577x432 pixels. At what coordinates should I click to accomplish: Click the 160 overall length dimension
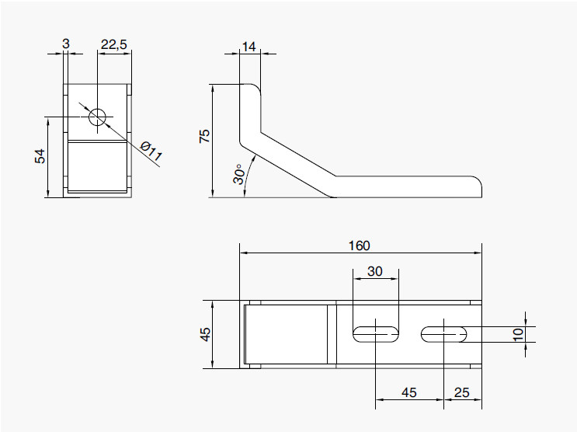(x=359, y=246)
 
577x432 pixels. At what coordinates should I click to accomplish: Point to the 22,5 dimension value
(x=114, y=45)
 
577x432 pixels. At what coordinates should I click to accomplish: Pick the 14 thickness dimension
(x=249, y=47)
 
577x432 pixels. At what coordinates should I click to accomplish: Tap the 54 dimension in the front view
(x=40, y=155)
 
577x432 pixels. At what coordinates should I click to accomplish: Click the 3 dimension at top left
(x=66, y=45)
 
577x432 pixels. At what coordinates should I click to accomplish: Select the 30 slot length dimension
(x=375, y=272)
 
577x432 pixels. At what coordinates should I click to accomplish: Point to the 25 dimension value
(x=461, y=393)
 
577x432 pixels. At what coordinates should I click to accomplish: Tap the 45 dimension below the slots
(x=408, y=393)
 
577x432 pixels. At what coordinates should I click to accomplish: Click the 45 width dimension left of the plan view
(x=205, y=334)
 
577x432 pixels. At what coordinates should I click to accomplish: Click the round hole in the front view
(x=97, y=117)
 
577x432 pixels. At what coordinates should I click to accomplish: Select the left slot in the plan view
(x=376, y=334)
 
